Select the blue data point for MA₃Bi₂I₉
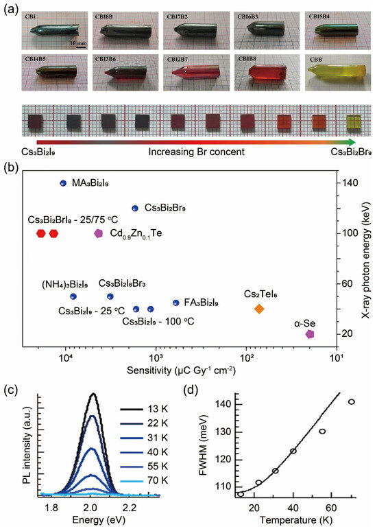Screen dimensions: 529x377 coord(63,183)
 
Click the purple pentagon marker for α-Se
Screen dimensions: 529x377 coord(310,334)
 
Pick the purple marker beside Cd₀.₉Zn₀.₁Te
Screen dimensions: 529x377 coord(99,233)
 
